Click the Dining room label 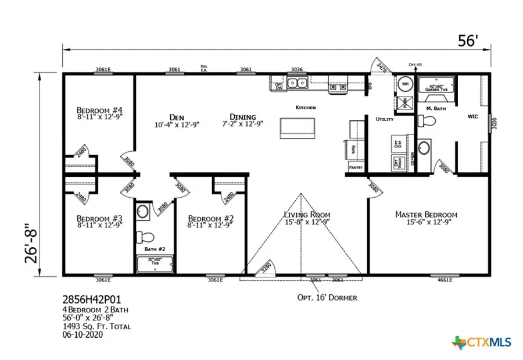[x=242, y=116]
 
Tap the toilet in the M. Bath [x=427, y=120]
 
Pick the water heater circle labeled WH [x=405, y=85]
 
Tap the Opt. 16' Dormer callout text [x=325, y=297]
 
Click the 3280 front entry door [x=265, y=268]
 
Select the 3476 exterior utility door [x=381, y=68]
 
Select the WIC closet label [x=473, y=116]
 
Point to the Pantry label [x=356, y=167]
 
